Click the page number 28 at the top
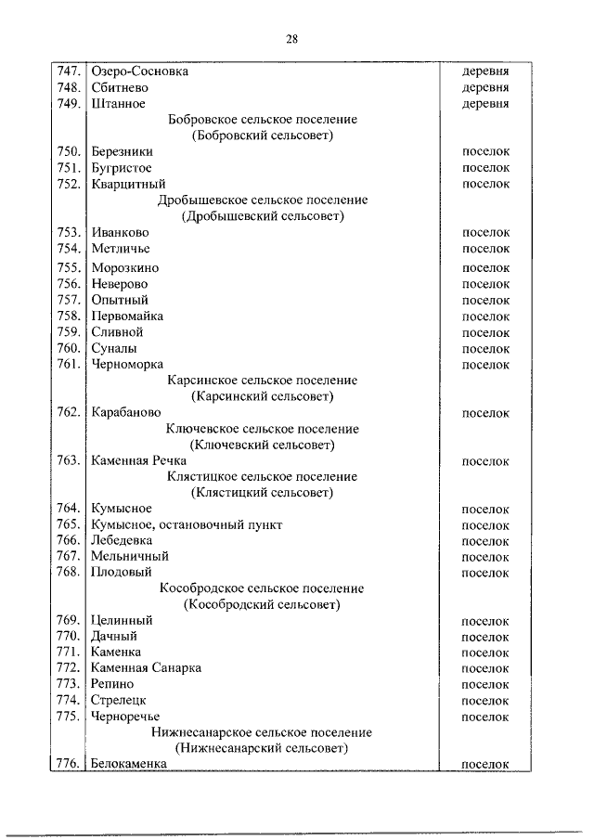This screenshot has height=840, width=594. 291,39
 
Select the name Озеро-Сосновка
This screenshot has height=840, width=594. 139,71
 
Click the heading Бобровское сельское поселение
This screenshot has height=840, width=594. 262,120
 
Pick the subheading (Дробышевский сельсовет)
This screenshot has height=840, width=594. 262,216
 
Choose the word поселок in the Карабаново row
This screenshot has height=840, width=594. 485,412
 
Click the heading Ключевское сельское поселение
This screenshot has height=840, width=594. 262,429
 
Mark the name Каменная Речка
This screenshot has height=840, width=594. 138,460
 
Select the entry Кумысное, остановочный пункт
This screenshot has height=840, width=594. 187,524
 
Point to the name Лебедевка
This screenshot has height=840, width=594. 122,540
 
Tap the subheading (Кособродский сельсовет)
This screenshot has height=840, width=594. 262,605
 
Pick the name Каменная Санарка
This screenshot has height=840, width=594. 146,668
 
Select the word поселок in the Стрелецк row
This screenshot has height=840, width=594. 485,700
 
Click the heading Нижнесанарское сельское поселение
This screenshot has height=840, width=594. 262,731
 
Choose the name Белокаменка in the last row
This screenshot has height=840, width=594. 128,763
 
